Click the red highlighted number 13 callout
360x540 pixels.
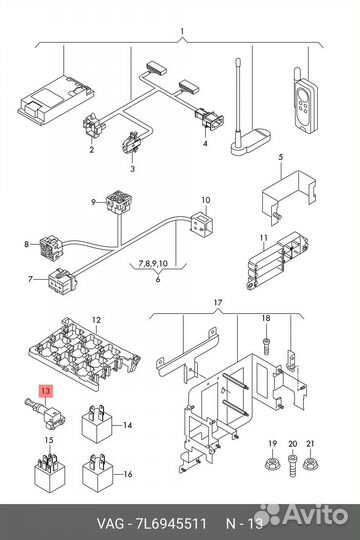click(45, 391)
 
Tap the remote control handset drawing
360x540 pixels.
click(305, 100)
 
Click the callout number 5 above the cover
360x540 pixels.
click(280, 157)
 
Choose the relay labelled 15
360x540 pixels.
click(49, 472)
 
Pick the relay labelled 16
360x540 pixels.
click(97, 473)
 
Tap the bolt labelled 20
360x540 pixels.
click(292, 466)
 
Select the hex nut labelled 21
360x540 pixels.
click(310, 463)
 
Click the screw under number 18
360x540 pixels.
click(266, 345)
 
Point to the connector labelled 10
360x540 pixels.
click(202, 224)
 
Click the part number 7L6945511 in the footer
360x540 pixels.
click(171, 524)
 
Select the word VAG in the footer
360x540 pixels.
click(110, 524)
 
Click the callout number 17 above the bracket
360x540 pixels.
click(218, 303)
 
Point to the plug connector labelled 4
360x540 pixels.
click(209, 119)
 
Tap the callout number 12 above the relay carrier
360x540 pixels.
click(96, 320)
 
